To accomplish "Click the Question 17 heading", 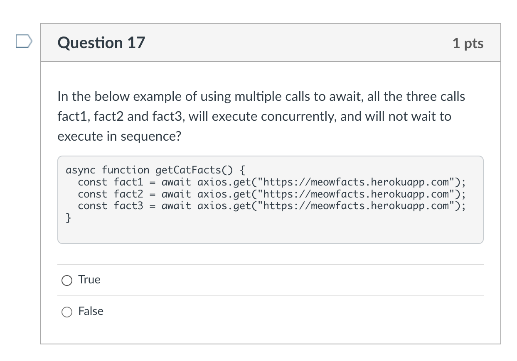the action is point(101,43).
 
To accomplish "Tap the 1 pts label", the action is point(468,43).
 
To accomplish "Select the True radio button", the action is point(67,281).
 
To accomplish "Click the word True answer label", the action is point(89,280).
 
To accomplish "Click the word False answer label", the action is point(91,311).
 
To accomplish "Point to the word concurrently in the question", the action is point(298,117).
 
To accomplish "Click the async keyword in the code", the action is point(81,170).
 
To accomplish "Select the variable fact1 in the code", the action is point(128,182).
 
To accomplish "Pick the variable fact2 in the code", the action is point(128,194).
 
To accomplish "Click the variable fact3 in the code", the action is point(128,206).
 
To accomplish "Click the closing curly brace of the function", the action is point(69,218).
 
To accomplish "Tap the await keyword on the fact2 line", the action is point(176,194).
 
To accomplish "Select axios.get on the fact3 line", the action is point(222,206).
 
